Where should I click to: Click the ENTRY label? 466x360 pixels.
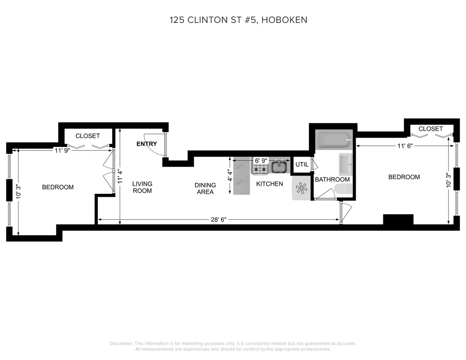coord(147,144)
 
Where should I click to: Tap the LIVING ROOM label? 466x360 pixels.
coord(142,187)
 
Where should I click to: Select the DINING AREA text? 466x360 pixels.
coord(205,189)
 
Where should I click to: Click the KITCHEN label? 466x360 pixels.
coord(269,184)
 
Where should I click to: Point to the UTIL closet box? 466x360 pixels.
coord(302,165)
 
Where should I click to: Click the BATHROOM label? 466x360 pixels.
coord(332,179)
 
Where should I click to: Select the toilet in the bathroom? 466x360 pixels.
coord(342,189)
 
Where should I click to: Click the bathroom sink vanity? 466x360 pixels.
coord(345,164)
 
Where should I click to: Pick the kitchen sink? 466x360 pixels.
coord(279,167)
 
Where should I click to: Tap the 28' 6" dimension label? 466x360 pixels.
coord(219,220)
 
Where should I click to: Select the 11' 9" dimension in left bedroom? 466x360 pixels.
coord(62,150)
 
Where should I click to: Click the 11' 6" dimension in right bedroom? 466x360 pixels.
coord(404,146)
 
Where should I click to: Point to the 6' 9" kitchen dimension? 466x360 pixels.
coord(261,160)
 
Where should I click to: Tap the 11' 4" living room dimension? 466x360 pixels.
coord(120,176)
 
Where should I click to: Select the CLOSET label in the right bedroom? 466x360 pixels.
coord(430,129)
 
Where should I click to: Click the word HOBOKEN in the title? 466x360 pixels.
coord(284,20)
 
